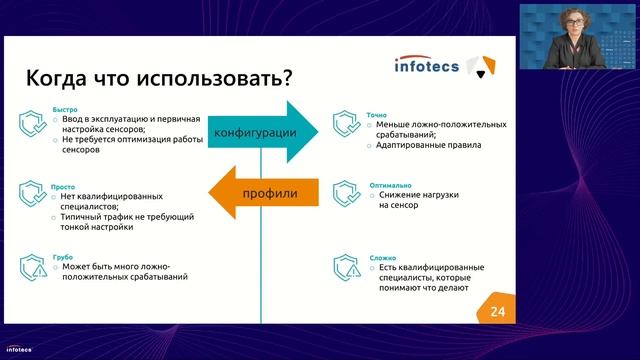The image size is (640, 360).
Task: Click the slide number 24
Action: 498,312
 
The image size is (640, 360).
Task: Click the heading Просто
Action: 62,186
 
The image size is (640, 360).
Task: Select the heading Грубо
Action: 61,256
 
